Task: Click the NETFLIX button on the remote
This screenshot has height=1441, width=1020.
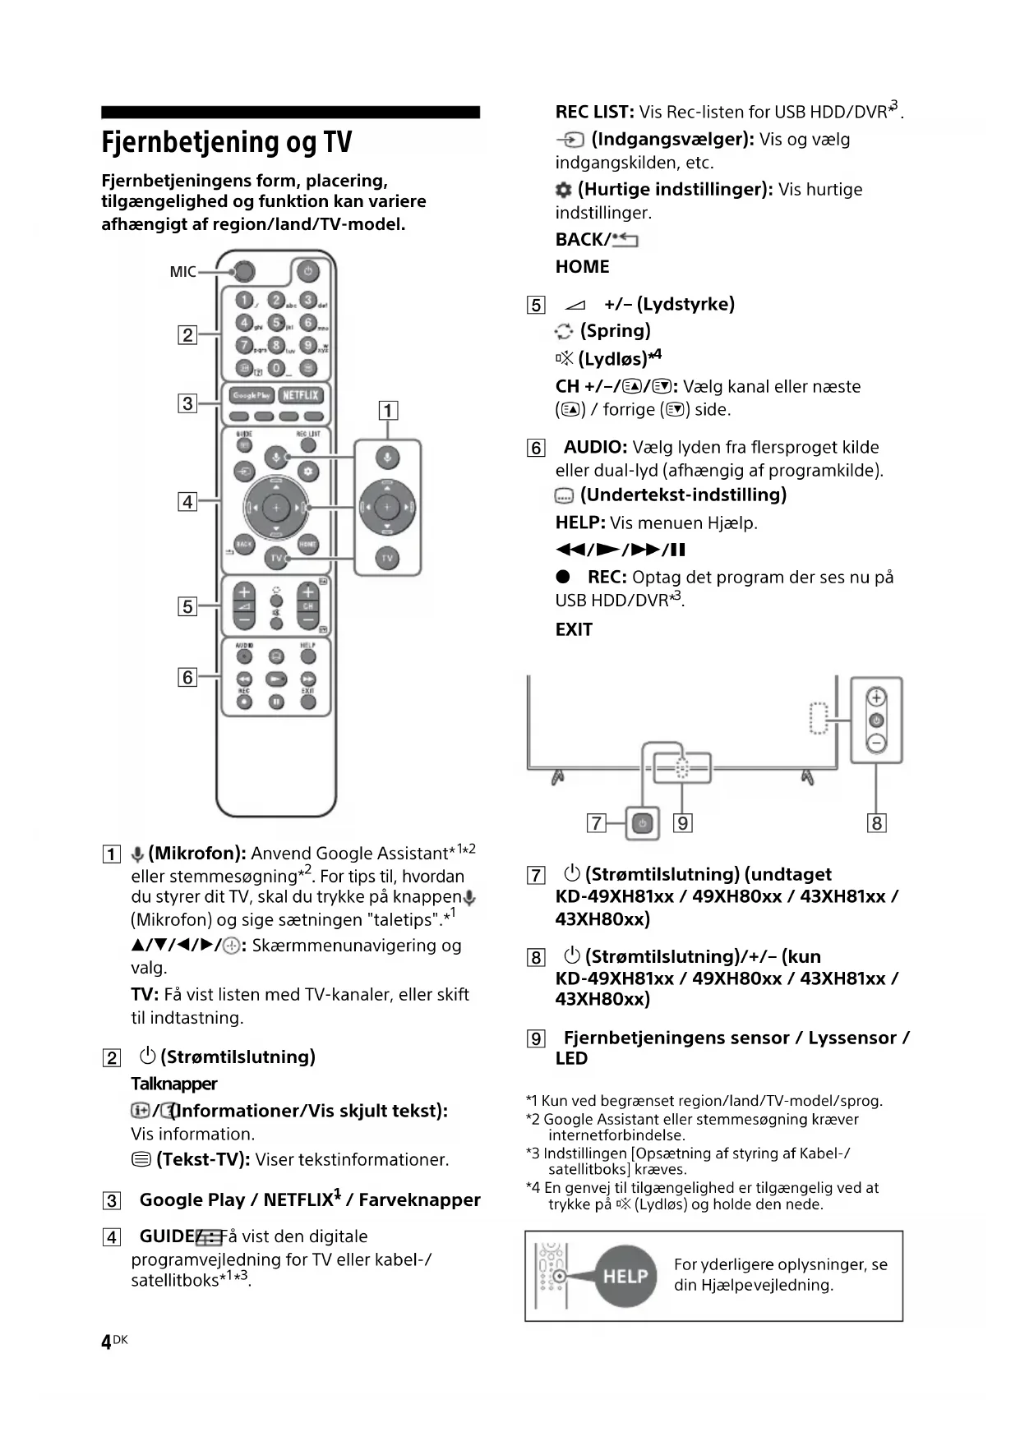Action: tap(300, 395)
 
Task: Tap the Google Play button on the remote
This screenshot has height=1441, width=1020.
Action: tap(252, 395)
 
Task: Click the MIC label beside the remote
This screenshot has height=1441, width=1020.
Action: tap(182, 272)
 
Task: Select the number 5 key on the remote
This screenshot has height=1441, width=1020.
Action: tap(277, 323)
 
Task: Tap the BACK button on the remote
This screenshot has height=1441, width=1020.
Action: tap(244, 544)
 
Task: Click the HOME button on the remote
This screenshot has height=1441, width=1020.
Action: tap(308, 544)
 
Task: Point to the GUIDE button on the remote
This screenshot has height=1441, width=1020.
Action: tap(244, 444)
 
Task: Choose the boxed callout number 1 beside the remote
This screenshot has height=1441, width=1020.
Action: tap(388, 410)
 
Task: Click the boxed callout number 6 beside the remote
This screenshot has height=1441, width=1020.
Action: tap(188, 677)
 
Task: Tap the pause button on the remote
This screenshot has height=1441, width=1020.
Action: tap(277, 702)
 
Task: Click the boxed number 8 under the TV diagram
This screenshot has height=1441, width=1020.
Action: tap(877, 823)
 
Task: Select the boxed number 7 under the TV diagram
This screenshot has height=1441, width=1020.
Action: tap(597, 823)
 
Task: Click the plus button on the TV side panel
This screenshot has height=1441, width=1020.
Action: tap(877, 697)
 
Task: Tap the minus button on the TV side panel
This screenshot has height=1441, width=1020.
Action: tap(877, 743)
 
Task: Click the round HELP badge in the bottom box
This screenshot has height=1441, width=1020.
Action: tap(625, 1276)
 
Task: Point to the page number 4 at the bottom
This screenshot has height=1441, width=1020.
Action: tap(106, 1342)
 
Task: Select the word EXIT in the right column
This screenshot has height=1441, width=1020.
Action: tap(574, 630)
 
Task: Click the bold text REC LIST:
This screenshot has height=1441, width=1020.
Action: tap(594, 112)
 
